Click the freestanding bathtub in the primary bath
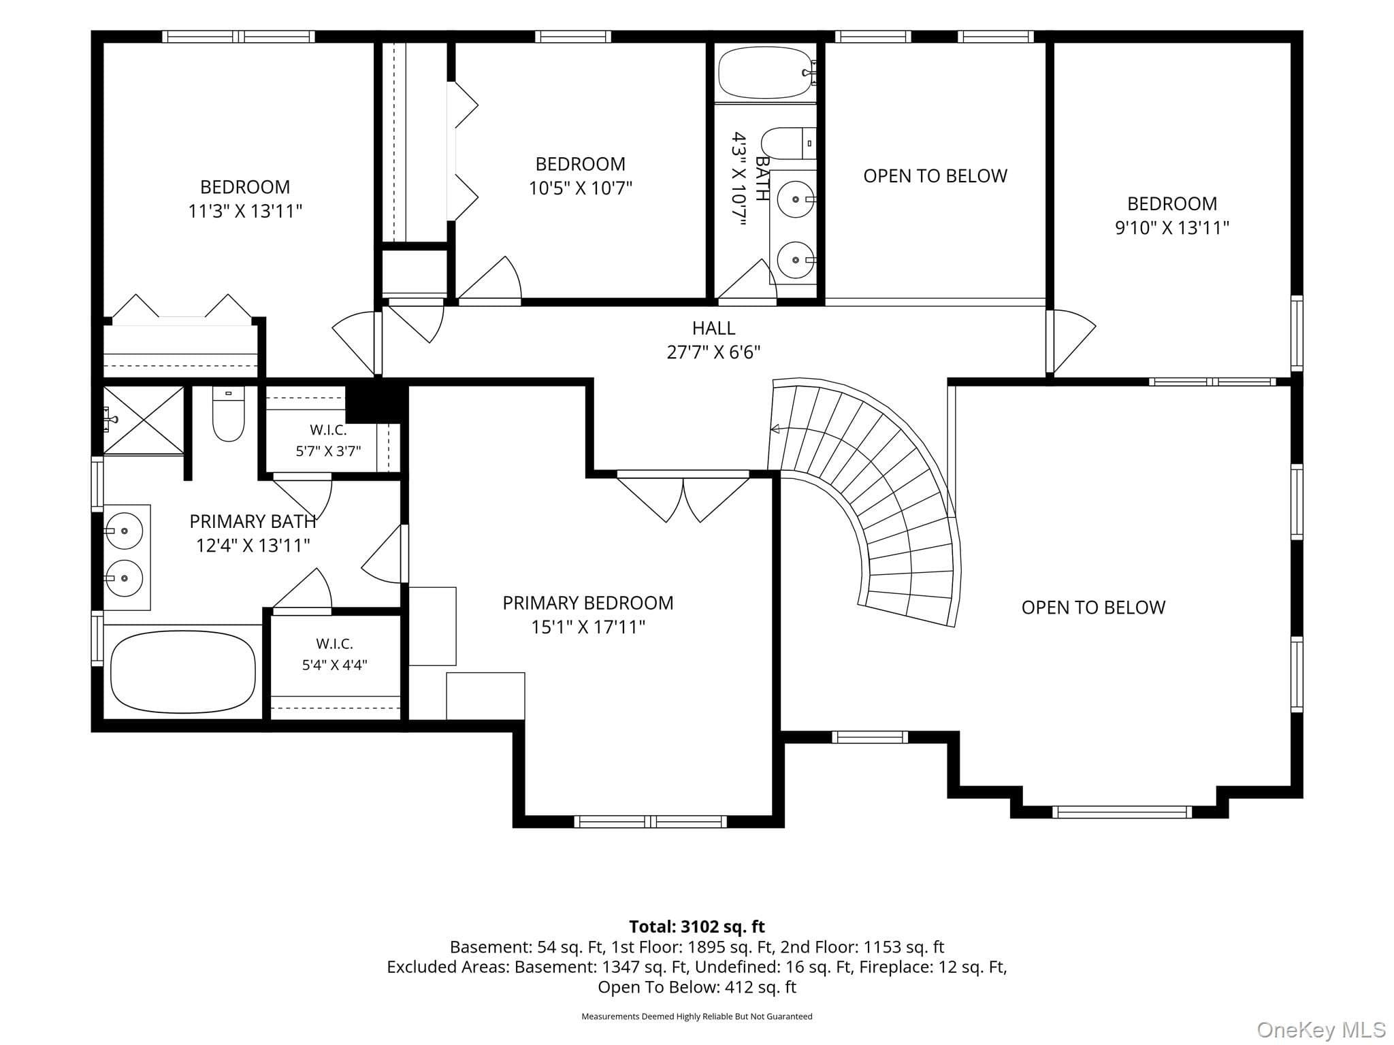tap(183, 672)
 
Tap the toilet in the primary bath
tap(228, 414)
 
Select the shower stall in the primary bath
tap(144, 420)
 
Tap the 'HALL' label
tap(713, 328)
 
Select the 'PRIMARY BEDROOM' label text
tap(588, 603)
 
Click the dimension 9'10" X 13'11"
tap(1171, 228)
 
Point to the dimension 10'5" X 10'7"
tap(581, 188)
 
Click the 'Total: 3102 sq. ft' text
tap(697, 927)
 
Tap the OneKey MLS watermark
tap(1320, 1030)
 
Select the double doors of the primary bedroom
tap(683, 497)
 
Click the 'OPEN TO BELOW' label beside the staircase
tap(1093, 608)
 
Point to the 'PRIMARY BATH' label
tap(253, 522)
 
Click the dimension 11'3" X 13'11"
tap(245, 212)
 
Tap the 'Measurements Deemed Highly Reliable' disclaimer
tap(697, 1016)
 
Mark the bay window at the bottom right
tap(1122, 812)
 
